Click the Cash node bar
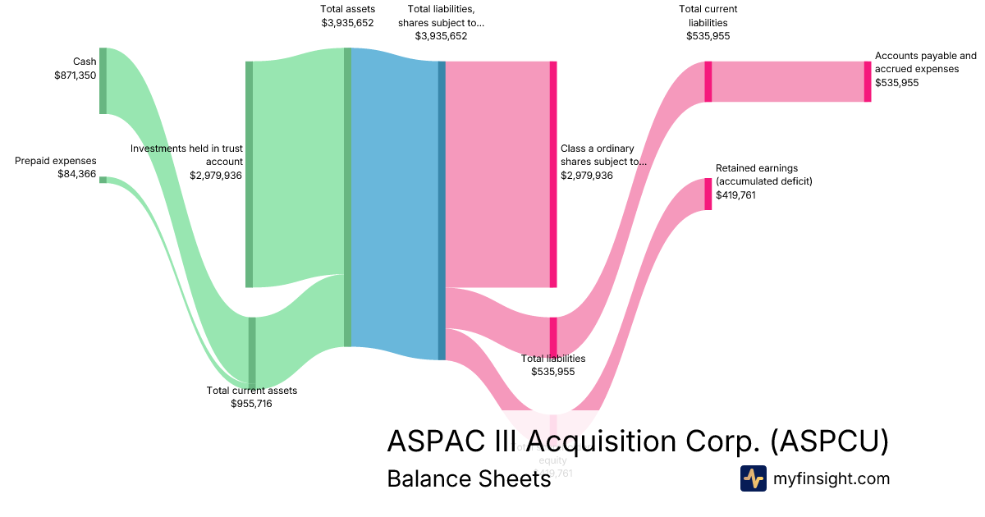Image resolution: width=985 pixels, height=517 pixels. [x=103, y=80]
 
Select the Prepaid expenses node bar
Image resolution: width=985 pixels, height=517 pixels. [x=103, y=180]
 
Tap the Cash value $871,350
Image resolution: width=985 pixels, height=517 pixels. [x=75, y=75]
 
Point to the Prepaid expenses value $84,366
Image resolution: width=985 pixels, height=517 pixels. [x=76, y=174]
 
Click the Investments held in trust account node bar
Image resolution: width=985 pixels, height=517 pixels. [x=250, y=174]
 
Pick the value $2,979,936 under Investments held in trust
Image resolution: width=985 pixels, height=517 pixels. [x=216, y=175]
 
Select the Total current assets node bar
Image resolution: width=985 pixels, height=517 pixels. [x=252, y=352]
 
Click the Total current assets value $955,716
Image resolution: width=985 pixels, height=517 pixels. [x=251, y=404]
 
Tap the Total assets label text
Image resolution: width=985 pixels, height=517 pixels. [x=347, y=9]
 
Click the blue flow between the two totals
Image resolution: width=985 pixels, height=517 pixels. [x=394, y=205]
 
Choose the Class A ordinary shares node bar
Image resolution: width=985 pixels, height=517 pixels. [x=553, y=174]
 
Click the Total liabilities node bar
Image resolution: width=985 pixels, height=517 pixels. [x=553, y=336]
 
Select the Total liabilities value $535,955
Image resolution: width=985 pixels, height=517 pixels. [x=553, y=372]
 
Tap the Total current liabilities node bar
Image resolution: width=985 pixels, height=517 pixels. [x=708, y=81]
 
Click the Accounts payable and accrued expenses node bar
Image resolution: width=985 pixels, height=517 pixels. [x=867, y=81]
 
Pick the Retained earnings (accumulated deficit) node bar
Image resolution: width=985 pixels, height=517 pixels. [x=708, y=194]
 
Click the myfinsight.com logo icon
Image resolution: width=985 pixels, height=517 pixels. [x=753, y=478]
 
